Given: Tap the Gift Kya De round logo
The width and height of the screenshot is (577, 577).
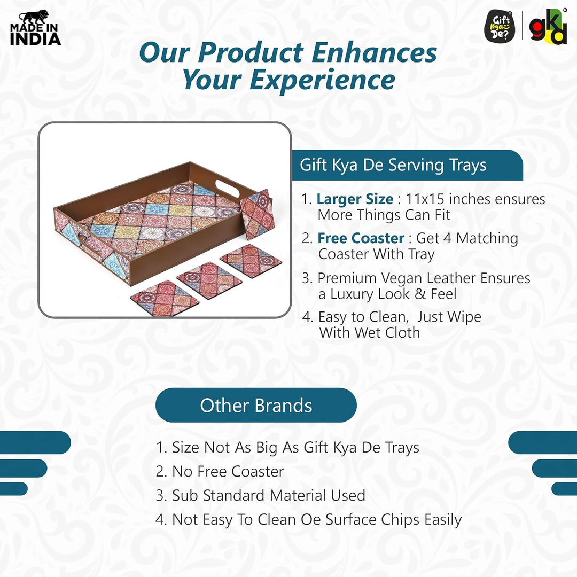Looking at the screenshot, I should pyautogui.click(x=500, y=27).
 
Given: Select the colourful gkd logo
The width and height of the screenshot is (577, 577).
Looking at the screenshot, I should pyautogui.click(x=548, y=27).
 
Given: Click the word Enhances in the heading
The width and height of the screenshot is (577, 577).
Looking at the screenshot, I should pyautogui.click(x=375, y=53).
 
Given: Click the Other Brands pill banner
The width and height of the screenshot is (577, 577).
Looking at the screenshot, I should pyautogui.click(x=256, y=405).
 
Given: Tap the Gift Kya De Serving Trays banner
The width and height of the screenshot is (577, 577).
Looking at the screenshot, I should pyautogui.click(x=393, y=165).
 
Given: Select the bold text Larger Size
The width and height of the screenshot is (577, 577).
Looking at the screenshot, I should pyautogui.click(x=355, y=199).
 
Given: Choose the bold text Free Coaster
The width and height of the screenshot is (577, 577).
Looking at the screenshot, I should pyautogui.click(x=361, y=238).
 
